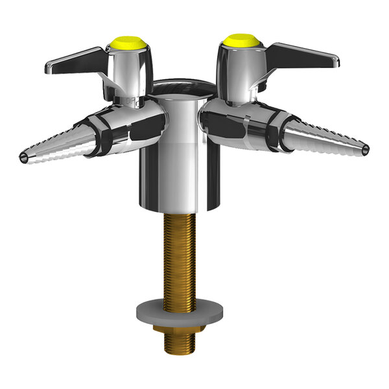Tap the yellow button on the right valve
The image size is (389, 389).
(x=241, y=41)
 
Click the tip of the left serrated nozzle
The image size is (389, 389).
(x=24, y=158)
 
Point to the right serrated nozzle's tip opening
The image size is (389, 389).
(x=366, y=150)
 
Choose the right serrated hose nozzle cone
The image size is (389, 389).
(x=324, y=139)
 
